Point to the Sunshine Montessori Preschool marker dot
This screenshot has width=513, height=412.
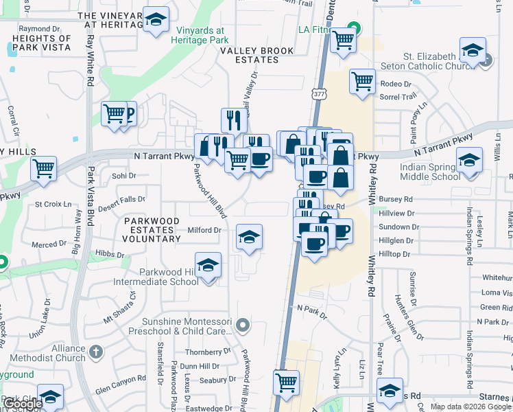pyautogui.click(x=241, y=323)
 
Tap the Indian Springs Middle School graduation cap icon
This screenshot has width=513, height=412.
pyautogui.click(x=469, y=162)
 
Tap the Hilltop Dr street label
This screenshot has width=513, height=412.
pyautogui.click(x=394, y=253)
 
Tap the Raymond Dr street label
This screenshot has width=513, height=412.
pyautogui.click(x=36, y=29)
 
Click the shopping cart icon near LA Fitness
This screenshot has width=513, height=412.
pyautogui.click(x=343, y=40)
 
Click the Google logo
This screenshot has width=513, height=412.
pyautogui.click(x=23, y=404)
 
